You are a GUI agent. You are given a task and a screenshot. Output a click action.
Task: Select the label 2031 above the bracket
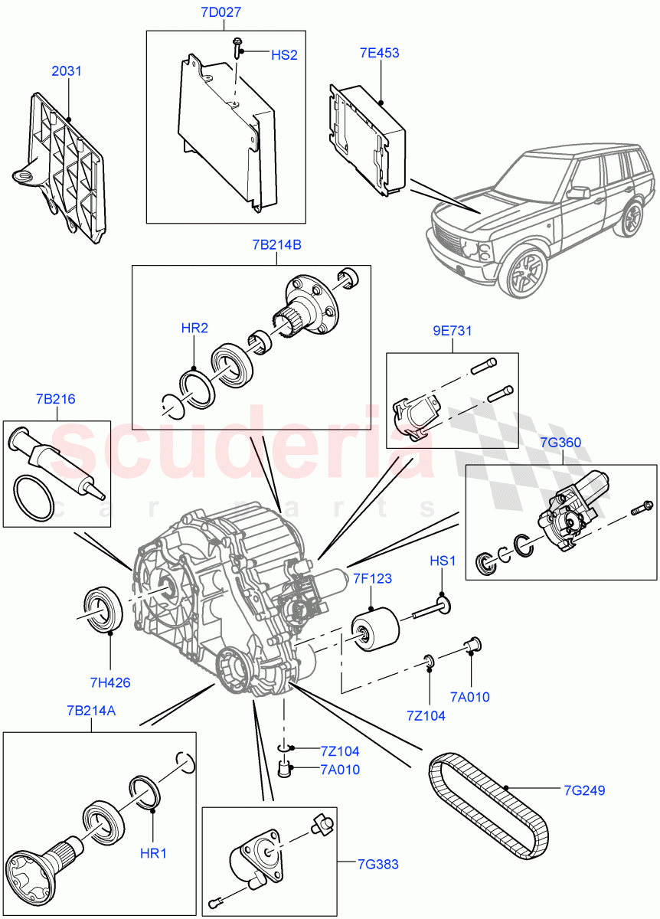click(67, 71)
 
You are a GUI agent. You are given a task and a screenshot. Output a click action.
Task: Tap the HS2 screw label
click(283, 55)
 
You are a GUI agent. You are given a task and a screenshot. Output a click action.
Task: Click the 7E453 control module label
click(380, 54)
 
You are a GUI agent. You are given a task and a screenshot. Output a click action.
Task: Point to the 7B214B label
click(276, 245)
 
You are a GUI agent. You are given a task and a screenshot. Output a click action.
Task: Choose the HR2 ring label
click(194, 329)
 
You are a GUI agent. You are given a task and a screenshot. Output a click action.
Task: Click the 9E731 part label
click(453, 332)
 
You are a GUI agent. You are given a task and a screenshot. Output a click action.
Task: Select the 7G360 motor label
click(561, 443)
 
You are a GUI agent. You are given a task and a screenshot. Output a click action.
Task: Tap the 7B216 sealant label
click(55, 399)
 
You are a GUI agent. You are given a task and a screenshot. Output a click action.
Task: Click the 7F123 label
click(372, 579)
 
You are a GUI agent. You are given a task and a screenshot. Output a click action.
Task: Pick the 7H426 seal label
click(109, 682)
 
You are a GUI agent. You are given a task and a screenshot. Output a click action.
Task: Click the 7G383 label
click(377, 865)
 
